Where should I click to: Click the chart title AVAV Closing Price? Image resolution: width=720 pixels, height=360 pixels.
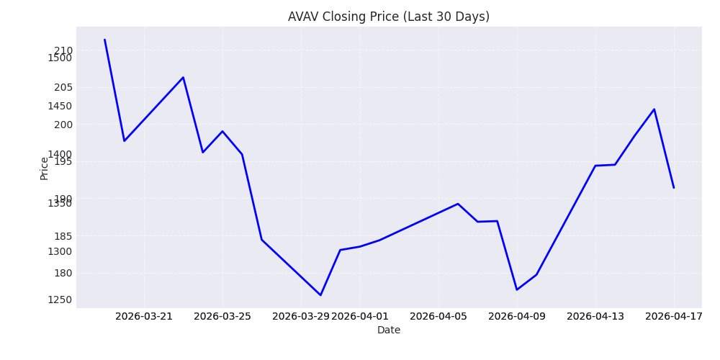tap(388, 17)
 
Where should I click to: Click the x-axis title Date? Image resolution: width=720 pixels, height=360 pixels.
tap(388, 330)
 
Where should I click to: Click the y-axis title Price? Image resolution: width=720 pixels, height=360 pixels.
tap(45, 168)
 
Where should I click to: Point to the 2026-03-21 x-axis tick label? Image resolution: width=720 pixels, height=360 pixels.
tap(144, 316)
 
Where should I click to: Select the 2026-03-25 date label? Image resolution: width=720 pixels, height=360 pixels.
tap(222, 316)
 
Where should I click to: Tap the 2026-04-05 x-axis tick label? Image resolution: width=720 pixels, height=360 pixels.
tap(438, 316)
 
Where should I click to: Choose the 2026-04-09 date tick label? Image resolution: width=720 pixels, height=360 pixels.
tap(517, 316)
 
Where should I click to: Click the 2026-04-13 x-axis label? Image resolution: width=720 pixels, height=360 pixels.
tap(595, 316)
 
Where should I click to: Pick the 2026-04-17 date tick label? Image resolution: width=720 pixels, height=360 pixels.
tap(674, 316)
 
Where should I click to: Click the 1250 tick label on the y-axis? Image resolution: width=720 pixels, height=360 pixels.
tap(60, 300)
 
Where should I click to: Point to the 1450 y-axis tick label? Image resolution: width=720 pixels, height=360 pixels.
tap(60, 106)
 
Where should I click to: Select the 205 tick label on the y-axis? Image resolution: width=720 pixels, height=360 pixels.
tap(63, 87)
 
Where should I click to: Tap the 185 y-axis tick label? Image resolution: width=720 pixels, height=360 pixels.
tap(63, 235)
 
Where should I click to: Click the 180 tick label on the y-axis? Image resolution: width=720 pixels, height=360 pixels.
tap(63, 273)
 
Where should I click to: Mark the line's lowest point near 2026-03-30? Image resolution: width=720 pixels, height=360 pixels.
tap(320, 295)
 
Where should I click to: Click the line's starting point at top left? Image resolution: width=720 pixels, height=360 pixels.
tap(104, 40)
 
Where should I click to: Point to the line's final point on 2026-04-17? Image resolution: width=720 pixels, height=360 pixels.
tap(674, 188)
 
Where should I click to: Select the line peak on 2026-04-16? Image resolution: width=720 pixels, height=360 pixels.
tap(654, 109)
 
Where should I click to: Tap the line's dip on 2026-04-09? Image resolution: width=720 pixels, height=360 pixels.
tap(516, 289)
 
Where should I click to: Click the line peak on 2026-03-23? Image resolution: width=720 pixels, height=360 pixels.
tap(183, 77)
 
